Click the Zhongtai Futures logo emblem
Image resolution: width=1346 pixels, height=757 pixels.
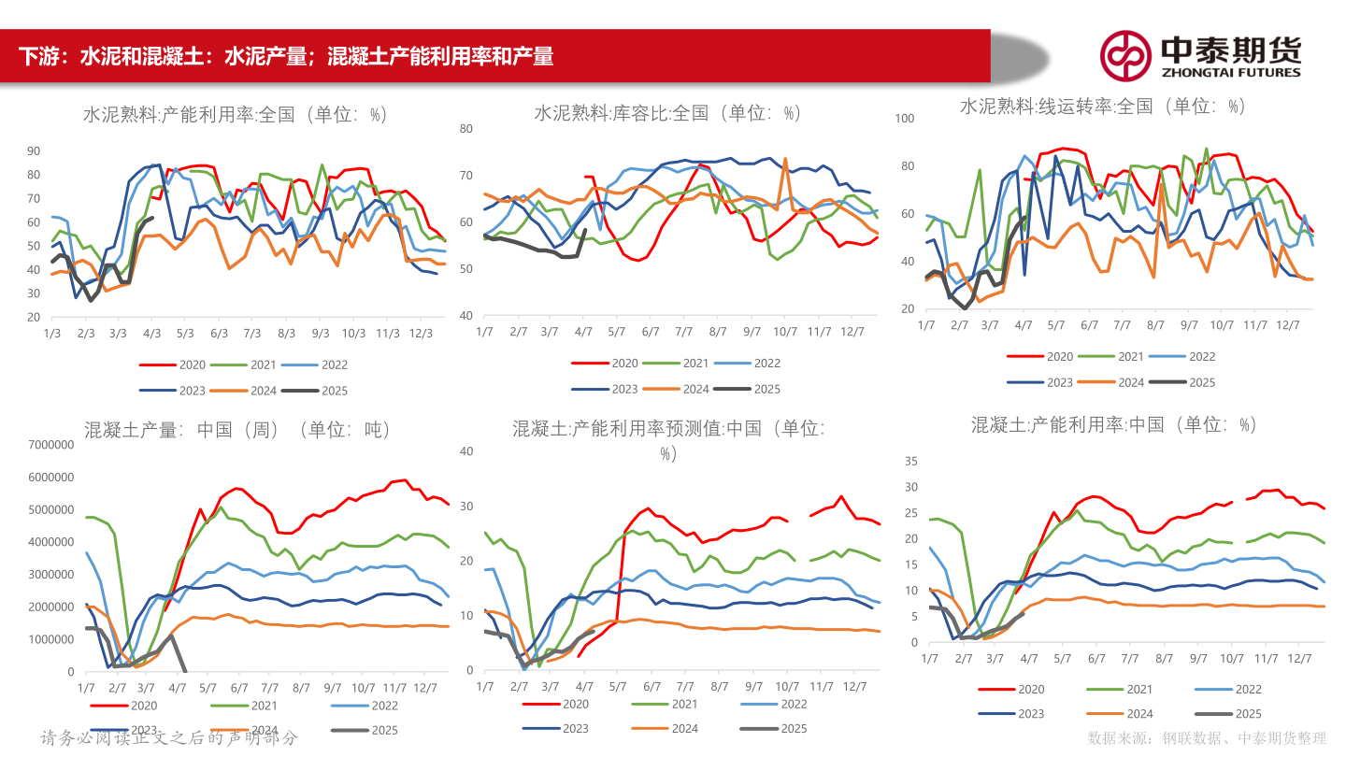[1124, 56]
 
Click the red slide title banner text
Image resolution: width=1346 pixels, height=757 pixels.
[286, 56]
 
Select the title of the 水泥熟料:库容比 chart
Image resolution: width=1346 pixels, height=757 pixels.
[668, 113]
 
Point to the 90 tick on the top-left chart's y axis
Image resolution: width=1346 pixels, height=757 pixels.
[34, 150]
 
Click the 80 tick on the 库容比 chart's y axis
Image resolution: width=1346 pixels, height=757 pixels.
[466, 128]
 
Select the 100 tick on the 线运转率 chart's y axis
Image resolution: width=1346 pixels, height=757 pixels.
[904, 119]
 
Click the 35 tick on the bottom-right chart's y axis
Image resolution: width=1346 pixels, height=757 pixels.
[911, 461]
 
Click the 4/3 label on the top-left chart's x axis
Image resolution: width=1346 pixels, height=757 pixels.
[151, 334]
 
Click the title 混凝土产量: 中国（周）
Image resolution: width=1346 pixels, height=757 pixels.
[236, 430]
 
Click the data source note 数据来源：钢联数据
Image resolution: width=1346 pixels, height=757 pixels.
[1206, 737]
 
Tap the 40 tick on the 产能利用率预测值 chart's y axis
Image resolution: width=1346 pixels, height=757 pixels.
[468, 450]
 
